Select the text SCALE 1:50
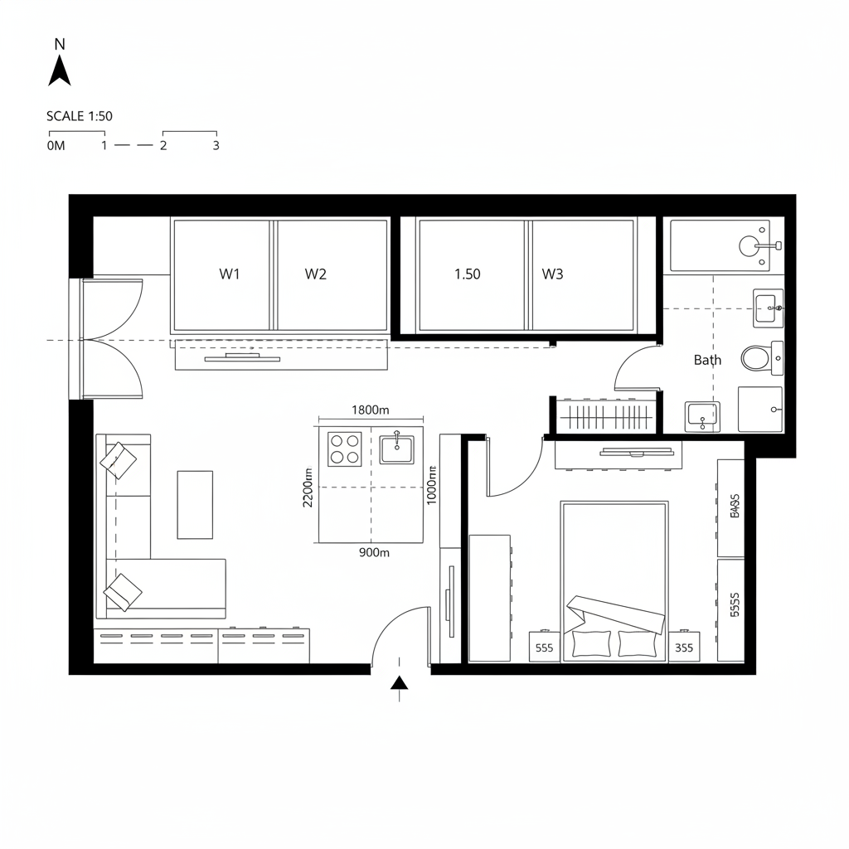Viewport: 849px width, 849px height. tap(80, 116)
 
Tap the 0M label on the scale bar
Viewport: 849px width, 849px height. tap(56, 145)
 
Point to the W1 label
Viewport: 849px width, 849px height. tap(230, 274)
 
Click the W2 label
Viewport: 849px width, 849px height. tap(315, 274)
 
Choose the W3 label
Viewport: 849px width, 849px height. tap(552, 274)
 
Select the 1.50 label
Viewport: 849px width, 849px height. tap(468, 274)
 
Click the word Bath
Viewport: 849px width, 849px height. tap(707, 360)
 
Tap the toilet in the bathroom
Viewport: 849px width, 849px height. tap(756, 358)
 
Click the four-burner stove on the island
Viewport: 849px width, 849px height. tap(344, 449)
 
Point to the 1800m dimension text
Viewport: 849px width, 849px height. tap(371, 410)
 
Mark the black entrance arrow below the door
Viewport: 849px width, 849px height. tap(400, 682)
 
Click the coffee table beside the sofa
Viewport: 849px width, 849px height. tap(195, 504)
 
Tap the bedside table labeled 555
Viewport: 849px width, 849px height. tap(544, 648)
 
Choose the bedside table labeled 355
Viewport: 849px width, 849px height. tap(684, 648)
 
